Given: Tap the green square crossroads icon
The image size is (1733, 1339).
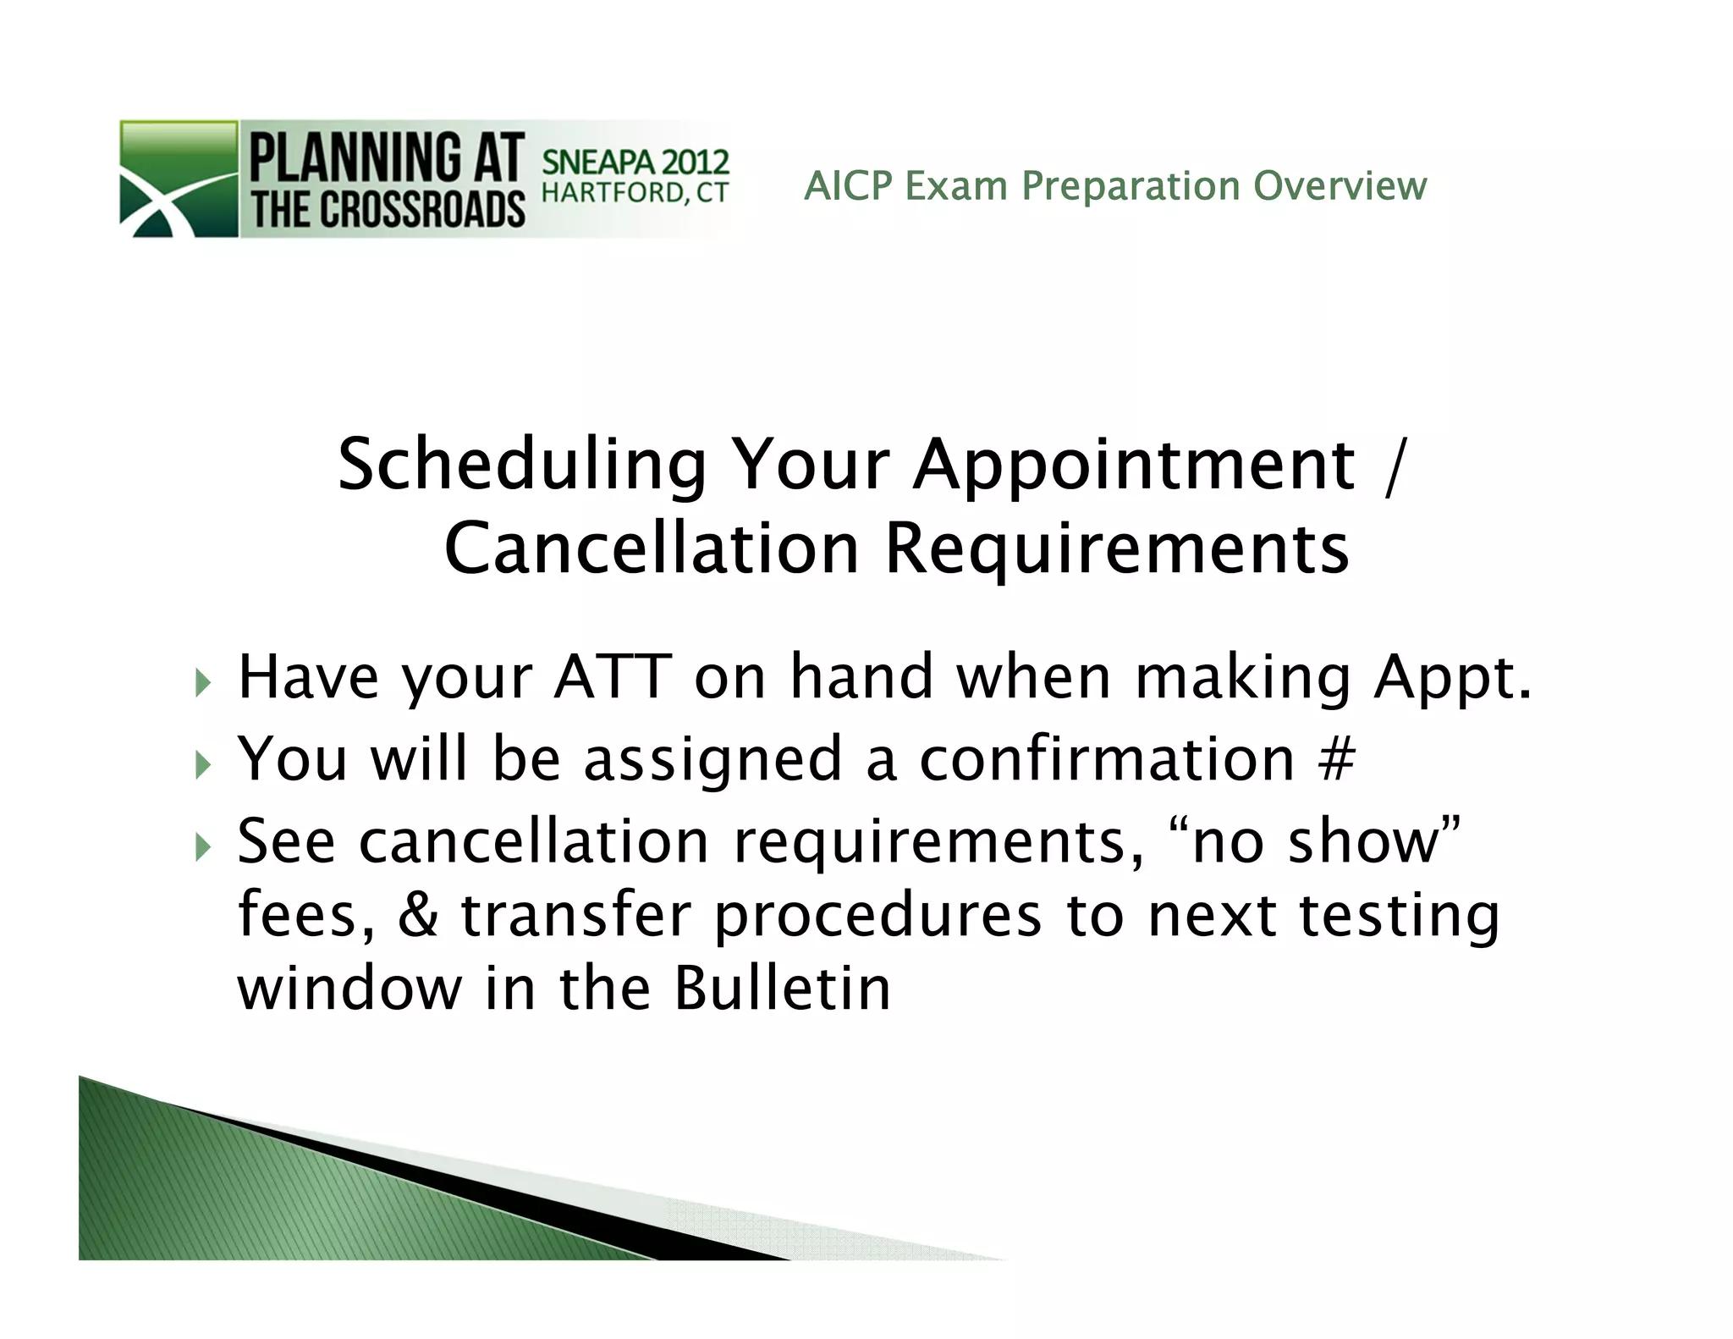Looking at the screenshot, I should click(179, 179).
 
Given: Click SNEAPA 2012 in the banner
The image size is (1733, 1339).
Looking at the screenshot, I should click(635, 162).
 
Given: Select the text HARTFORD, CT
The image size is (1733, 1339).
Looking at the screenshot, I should click(635, 193).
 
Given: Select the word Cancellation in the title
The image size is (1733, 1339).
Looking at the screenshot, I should click(652, 549).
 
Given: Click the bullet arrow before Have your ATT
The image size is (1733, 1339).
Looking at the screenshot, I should click(201, 681).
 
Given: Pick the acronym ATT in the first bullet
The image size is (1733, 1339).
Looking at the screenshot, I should click(613, 677).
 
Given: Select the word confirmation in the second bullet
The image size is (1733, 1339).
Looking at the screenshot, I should click(1107, 758).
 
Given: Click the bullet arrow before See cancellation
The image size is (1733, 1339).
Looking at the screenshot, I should click(201, 846).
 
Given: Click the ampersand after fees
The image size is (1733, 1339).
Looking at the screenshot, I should click(418, 916).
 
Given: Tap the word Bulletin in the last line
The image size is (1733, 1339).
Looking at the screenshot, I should click(782, 989).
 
